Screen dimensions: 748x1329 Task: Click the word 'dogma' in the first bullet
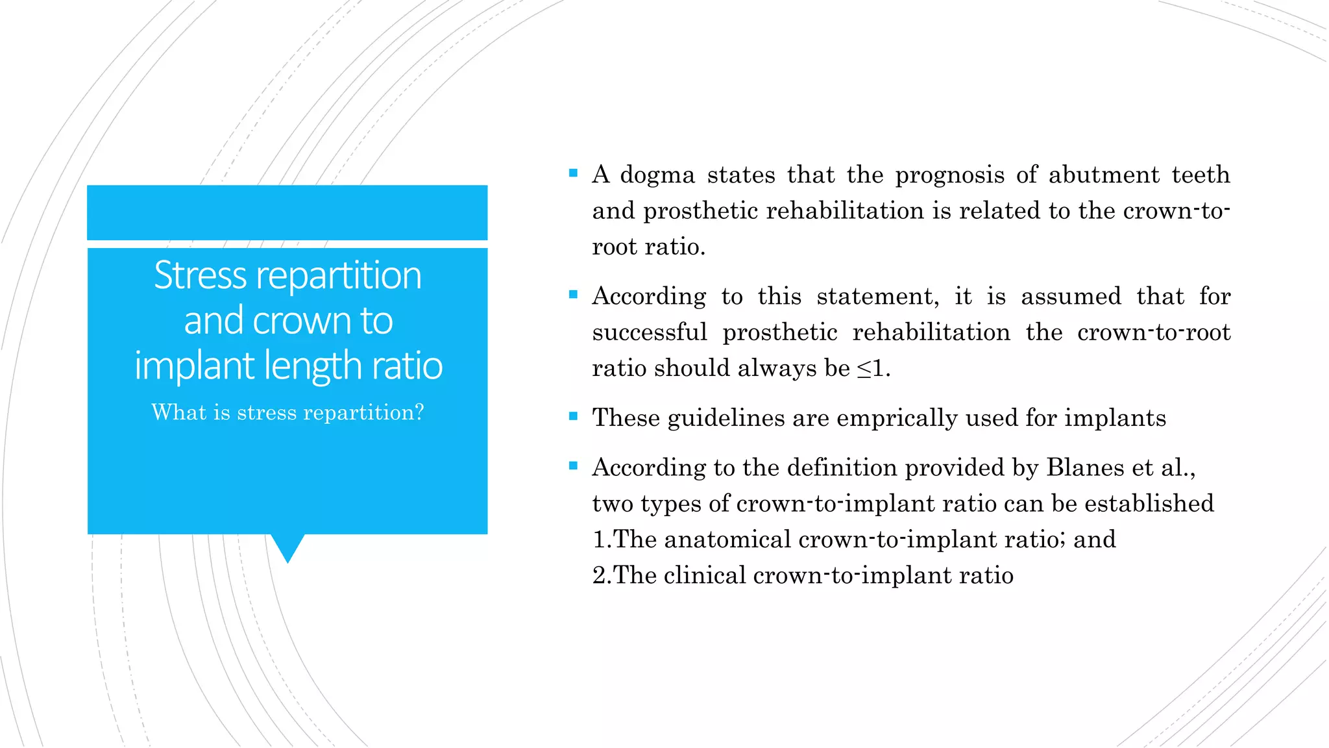pyautogui.click(x=657, y=175)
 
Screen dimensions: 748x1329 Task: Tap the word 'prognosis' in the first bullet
pyautogui.click(x=949, y=175)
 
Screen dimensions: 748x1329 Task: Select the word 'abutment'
pyautogui.click(x=1104, y=175)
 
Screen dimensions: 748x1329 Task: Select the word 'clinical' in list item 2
pyautogui.click(x=705, y=576)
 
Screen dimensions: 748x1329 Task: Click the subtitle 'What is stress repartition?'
pyautogui.click(x=287, y=413)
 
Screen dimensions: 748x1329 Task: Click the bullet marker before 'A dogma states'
pyautogui.click(x=573, y=173)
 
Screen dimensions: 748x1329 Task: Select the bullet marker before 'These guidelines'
pyautogui.click(x=573, y=416)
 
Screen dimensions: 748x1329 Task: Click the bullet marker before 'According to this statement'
pyautogui.click(x=573, y=295)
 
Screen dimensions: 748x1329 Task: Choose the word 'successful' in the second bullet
pyautogui.click(x=649, y=333)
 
